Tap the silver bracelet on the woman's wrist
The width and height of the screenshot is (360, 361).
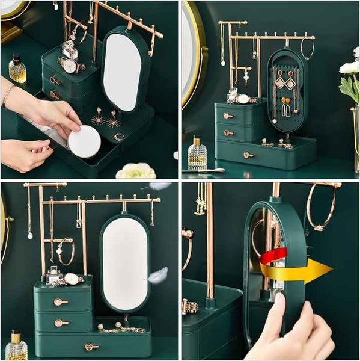tap(8, 94)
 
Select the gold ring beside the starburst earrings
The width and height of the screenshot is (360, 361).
tap(119, 136)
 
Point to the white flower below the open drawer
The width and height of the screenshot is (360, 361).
tap(136, 171)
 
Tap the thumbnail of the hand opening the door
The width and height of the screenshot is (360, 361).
tap(279, 299)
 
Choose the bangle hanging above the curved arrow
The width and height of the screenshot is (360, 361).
tap(321, 207)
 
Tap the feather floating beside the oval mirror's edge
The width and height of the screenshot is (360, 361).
tap(158, 275)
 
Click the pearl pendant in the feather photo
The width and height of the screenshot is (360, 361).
tap(30, 235)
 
